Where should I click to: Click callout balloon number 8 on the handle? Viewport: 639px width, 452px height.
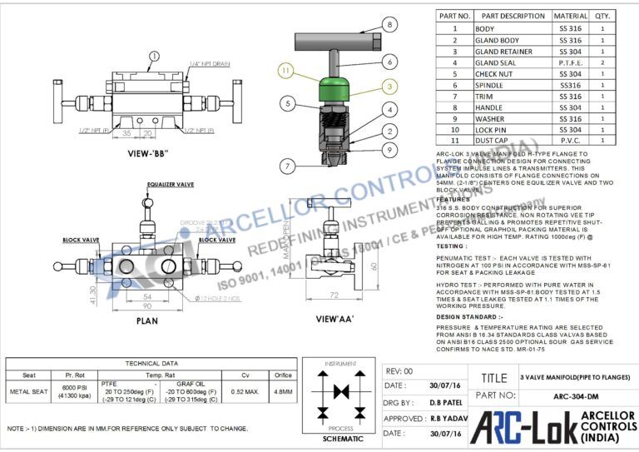tap(390, 26)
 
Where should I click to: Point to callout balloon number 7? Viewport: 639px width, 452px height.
tap(286, 166)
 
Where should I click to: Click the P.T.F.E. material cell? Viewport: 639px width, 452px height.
tap(570, 62)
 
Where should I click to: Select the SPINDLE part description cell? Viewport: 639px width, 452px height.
tap(501, 85)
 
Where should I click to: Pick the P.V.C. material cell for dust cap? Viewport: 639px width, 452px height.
tap(570, 141)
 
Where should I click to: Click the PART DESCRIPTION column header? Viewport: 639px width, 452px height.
tap(513, 16)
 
